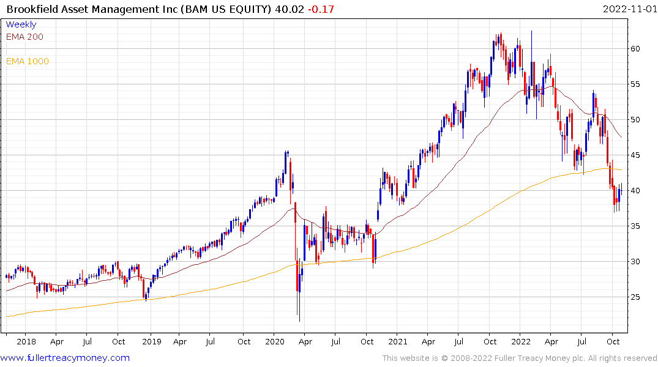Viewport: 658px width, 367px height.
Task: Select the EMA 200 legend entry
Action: click(x=24, y=37)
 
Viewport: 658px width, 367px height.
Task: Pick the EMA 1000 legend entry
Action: click(x=27, y=61)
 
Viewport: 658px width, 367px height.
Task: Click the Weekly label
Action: click(x=21, y=24)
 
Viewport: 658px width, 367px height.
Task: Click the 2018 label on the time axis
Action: click(x=27, y=341)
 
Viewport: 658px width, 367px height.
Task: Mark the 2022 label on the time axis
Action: click(x=522, y=341)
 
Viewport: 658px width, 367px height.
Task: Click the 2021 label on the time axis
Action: click(x=398, y=341)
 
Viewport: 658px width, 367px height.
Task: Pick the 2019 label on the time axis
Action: click(x=151, y=341)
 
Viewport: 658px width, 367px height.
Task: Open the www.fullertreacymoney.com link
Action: click(x=65, y=358)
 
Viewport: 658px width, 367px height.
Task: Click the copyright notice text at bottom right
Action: click(x=520, y=358)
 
